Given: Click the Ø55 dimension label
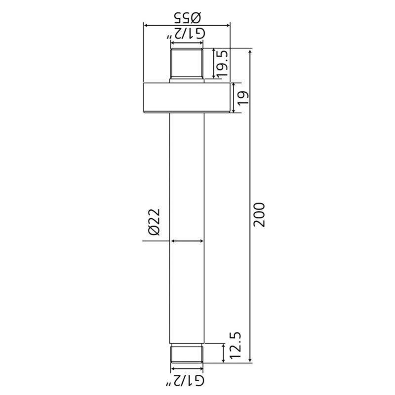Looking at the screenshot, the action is coord(188,17).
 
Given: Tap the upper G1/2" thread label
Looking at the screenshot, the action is coord(185,34).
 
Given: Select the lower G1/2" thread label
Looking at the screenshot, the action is coord(185,380).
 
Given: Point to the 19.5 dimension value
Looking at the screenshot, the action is coord(223,64).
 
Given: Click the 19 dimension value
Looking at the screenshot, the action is coord(243,98).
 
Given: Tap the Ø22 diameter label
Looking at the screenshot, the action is coord(155,222).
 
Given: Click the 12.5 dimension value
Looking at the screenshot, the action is coord(236,346).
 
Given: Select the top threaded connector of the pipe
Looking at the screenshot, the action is coord(187,66).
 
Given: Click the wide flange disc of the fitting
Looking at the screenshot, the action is coord(187,98).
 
